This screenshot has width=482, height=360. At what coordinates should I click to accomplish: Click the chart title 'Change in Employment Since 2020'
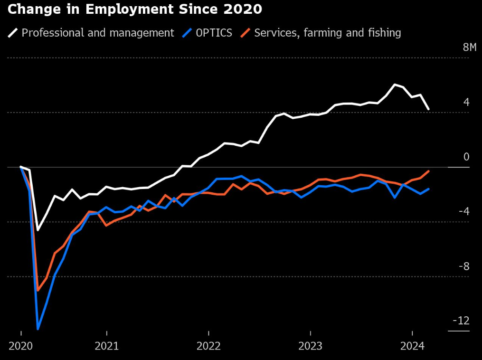point(134,9)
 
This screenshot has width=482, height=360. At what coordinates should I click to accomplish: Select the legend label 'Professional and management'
point(98,33)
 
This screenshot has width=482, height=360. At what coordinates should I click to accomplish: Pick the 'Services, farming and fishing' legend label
point(328,33)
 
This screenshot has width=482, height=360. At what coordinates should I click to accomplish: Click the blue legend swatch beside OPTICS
point(189,33)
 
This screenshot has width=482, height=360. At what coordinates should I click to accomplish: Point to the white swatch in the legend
point(13,33)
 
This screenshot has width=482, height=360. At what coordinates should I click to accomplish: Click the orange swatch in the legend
point(246,33)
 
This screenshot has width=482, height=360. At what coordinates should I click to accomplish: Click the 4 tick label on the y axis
point(466,102)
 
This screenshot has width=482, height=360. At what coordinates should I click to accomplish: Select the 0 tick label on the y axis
point(466,157)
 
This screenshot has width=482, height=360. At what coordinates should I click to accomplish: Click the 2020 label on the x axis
point(21,345)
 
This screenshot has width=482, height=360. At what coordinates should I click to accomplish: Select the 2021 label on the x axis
point(107,345)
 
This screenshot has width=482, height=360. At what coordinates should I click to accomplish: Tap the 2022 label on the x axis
point(208,345)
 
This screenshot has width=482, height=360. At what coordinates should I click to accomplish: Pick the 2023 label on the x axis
point(310,345)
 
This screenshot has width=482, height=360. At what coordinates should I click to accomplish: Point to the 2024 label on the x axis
point(411,345)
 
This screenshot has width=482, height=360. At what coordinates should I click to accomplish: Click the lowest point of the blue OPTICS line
point(38,328)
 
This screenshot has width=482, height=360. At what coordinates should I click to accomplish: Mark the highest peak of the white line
point(394,85)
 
